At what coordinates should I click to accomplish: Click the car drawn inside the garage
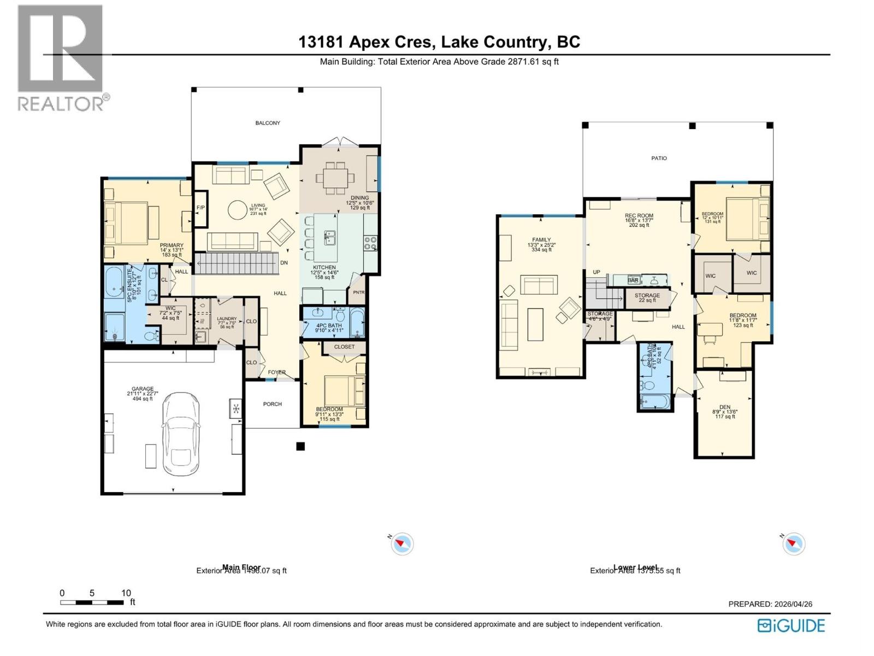pyautogui.click(x=181, y=434)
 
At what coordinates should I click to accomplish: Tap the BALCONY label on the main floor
pyautogui.click(x=268, y=123)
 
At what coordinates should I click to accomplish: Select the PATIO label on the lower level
pyautogui.click(x=659, y=158)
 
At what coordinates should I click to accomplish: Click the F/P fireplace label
pyautogui.click(x=200, y=208)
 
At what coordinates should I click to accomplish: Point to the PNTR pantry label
pyautogui.click(x=358, y=292)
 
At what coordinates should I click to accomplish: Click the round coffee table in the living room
pyautogui.click(x=238, y=210)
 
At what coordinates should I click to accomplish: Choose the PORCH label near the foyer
pyautogui.click(x=272, y=404)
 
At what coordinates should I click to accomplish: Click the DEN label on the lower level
pyautogui.click(x=724, y=407)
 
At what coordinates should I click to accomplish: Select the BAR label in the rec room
pyautogui.click(x=633, y=280)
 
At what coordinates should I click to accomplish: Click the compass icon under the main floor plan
pyautogui.click(x=403, y=544)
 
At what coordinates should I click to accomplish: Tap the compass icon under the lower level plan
pyautogui.click(x=794, y=544)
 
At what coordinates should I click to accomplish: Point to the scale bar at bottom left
pyautogui.click(x=92, y=602)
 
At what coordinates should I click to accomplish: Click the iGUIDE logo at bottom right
pyautogui.click(x=791, y=625)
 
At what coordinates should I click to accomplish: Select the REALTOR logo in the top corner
pyautogui.click(x=61, y=57)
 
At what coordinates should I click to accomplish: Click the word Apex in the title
pyautogui.click(x=369, y=42)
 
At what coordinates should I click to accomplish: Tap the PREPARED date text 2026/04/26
pyautogui.click(x=793, y=604)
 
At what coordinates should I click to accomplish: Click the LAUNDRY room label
pyautogui.click(x=227, y=319)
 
